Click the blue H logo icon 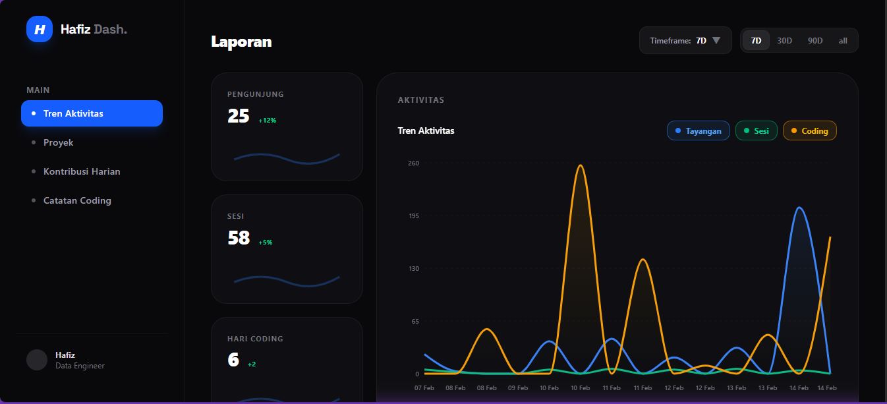tap(40, 29)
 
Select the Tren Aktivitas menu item tap(92, 113)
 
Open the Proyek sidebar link tap(58, 142)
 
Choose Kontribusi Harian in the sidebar tap(82, 171)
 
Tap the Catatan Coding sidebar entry tap(77, 200)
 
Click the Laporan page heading tap(241, 42)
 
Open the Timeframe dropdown tap(685, 40)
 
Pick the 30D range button tap(784, 40)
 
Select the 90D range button tap(815, 40)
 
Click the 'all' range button tap(843, 40)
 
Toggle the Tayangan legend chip tap(699, 130)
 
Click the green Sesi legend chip tap(757, 130)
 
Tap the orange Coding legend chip tap(809, 130)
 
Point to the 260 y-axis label tap(413, 163)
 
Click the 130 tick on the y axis tap(413, 268)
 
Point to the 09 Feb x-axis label tap(517, 388)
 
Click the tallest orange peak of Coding tap(580, 165)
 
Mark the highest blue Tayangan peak tap(799, 208)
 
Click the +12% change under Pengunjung tap(268, 121)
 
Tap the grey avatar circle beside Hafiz tap(37, 360)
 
